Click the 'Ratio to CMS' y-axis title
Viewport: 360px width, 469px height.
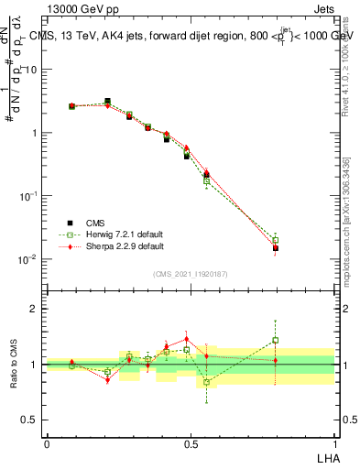[x=14, y=365]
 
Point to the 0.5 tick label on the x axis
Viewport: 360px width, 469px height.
[x=190, y=442]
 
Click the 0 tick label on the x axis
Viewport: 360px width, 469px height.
[x=47, y=442]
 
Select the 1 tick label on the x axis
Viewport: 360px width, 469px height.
[x=333, y=442]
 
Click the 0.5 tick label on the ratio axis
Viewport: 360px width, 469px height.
[x=31, y=420]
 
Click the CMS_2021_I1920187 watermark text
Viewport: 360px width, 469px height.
[x=191, y=273]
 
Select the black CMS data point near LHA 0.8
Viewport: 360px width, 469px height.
[x=275, y=248]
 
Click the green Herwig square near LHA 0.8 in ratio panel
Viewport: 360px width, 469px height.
[x=275, y=340]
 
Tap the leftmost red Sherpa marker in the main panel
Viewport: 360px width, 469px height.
[x=72, y=106]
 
